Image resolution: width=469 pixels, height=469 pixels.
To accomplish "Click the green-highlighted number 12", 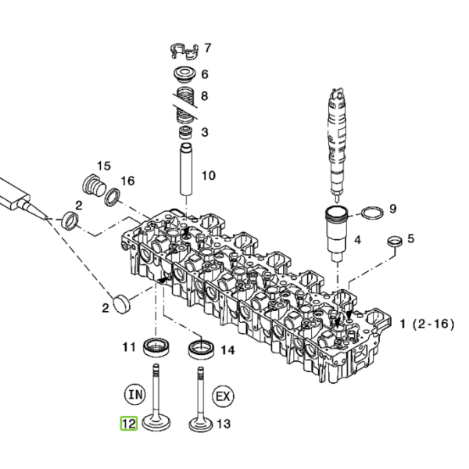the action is click(129, 424).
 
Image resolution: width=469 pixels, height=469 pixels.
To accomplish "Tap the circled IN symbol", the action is click(135, 395).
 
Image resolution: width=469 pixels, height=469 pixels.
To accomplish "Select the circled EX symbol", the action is click(223, 396).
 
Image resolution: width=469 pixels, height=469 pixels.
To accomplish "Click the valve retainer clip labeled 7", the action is click(184, 52).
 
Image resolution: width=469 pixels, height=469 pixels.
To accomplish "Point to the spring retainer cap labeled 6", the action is click(184, 74).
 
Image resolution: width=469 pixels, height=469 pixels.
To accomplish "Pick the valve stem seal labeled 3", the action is click(185, 133).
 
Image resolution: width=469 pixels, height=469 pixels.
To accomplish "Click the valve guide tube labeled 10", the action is click(186, 170).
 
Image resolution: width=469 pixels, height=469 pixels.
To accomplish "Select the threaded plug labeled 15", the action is click(94, 184).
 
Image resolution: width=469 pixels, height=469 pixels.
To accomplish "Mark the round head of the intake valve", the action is click(156, 423).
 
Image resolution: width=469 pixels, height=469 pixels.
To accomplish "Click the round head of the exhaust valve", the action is click(201, 424).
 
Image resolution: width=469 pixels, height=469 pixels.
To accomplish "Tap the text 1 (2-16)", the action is click(427, 324).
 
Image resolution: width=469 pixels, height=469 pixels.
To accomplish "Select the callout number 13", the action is click(224, 424).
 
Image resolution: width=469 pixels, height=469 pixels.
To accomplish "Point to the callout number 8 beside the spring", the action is click(204, 96).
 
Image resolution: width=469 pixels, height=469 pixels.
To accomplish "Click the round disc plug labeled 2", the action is click(122, 303).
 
